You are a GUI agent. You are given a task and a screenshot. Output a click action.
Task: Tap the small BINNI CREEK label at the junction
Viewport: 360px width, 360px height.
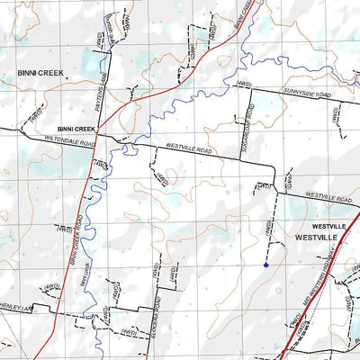pos(76,129)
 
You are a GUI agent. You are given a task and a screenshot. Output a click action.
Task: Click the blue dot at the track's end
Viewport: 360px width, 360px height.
pos(266,265)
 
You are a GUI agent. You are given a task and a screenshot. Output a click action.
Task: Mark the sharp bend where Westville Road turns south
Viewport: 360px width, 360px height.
pos(274,166)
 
